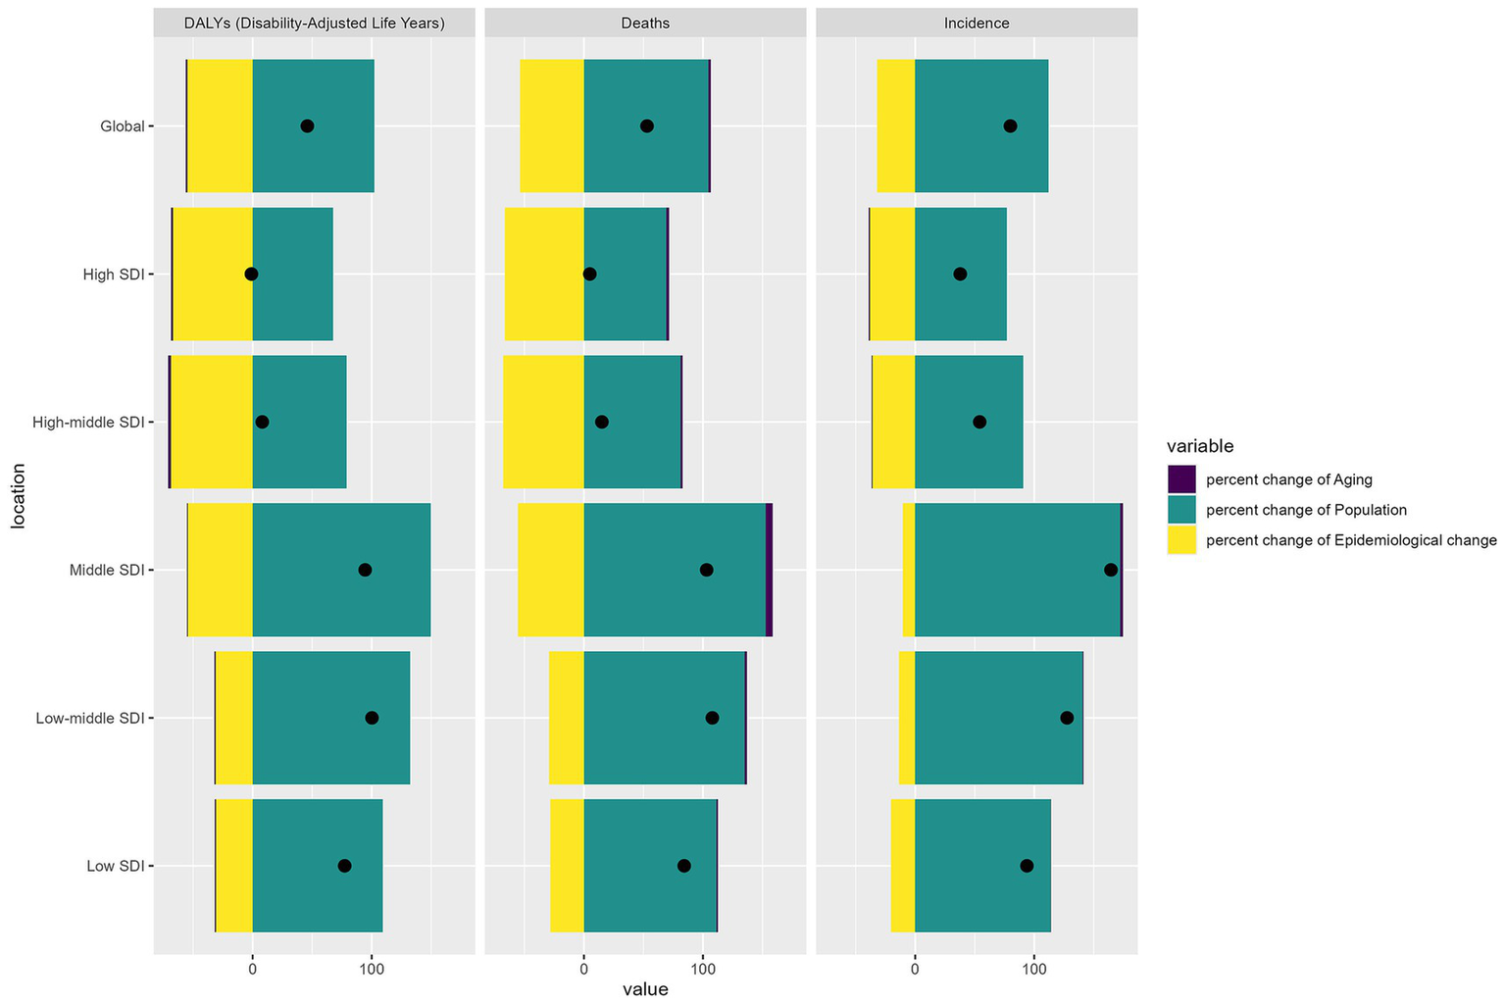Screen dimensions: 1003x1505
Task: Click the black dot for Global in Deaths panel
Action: coord(647,125)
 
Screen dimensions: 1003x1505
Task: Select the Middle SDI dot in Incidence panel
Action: coord(1110,570)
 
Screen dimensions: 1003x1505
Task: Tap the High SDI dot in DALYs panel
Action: coord(251,275)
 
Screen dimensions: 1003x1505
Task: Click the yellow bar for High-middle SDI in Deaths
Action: coord(543,422)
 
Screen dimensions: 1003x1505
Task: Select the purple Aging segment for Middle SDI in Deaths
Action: coord(769,570)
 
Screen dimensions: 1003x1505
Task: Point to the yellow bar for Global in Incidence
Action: coord(896,125)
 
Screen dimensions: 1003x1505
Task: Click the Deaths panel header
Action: coord(645,24)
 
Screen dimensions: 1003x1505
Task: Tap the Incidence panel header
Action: coord(977,24)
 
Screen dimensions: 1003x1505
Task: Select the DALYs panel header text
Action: coord(315,24)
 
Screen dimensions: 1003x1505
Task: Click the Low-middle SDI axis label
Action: coord(89,718)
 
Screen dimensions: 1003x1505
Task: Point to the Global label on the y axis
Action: coord(122,126)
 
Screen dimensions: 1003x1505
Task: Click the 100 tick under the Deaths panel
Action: coord(703,970)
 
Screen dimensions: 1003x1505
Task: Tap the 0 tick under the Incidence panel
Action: coord(915,970)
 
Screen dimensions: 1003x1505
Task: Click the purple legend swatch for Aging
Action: coord(1181,479)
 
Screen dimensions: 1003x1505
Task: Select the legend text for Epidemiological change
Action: coord(1351,540)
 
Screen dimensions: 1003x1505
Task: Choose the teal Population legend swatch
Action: coord(1181,510)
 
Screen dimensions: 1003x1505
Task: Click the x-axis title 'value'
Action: coord(645,989)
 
